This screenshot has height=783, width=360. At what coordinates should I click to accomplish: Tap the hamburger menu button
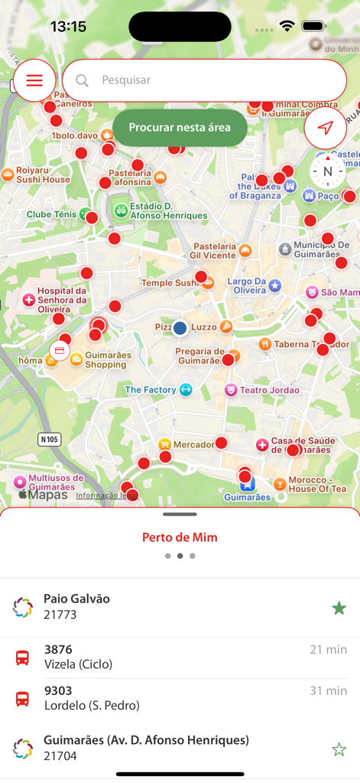[x=34, y=80]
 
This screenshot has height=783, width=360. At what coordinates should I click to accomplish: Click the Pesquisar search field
[x=204, y=80]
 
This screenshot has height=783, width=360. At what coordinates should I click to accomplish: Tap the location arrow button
[x=326, y=128]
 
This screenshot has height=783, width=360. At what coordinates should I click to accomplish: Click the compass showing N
[x=328, y=171]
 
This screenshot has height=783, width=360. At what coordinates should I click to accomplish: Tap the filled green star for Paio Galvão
[x=339, y=608]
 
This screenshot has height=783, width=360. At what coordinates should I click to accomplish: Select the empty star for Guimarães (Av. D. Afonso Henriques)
[x=339, y=749]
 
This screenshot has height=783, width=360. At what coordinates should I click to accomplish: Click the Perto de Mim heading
[x=180, y=538]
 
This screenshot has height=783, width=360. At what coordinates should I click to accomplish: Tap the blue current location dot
[x=180, y=328]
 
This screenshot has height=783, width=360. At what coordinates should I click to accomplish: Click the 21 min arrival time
[x=328, y=650]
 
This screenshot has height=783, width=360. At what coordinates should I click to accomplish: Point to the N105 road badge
[x=50, y=440]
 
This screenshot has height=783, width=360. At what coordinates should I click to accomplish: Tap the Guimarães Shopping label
[x=107, y=360]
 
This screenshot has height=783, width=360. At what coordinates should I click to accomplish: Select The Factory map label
[x=151, y=390]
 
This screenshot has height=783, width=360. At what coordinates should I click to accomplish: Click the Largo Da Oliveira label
[x=246, y=286]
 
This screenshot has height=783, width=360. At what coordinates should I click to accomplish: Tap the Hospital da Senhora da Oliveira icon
[x=29, y=300]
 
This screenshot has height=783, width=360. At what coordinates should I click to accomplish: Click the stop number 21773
[x=60, y=615]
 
